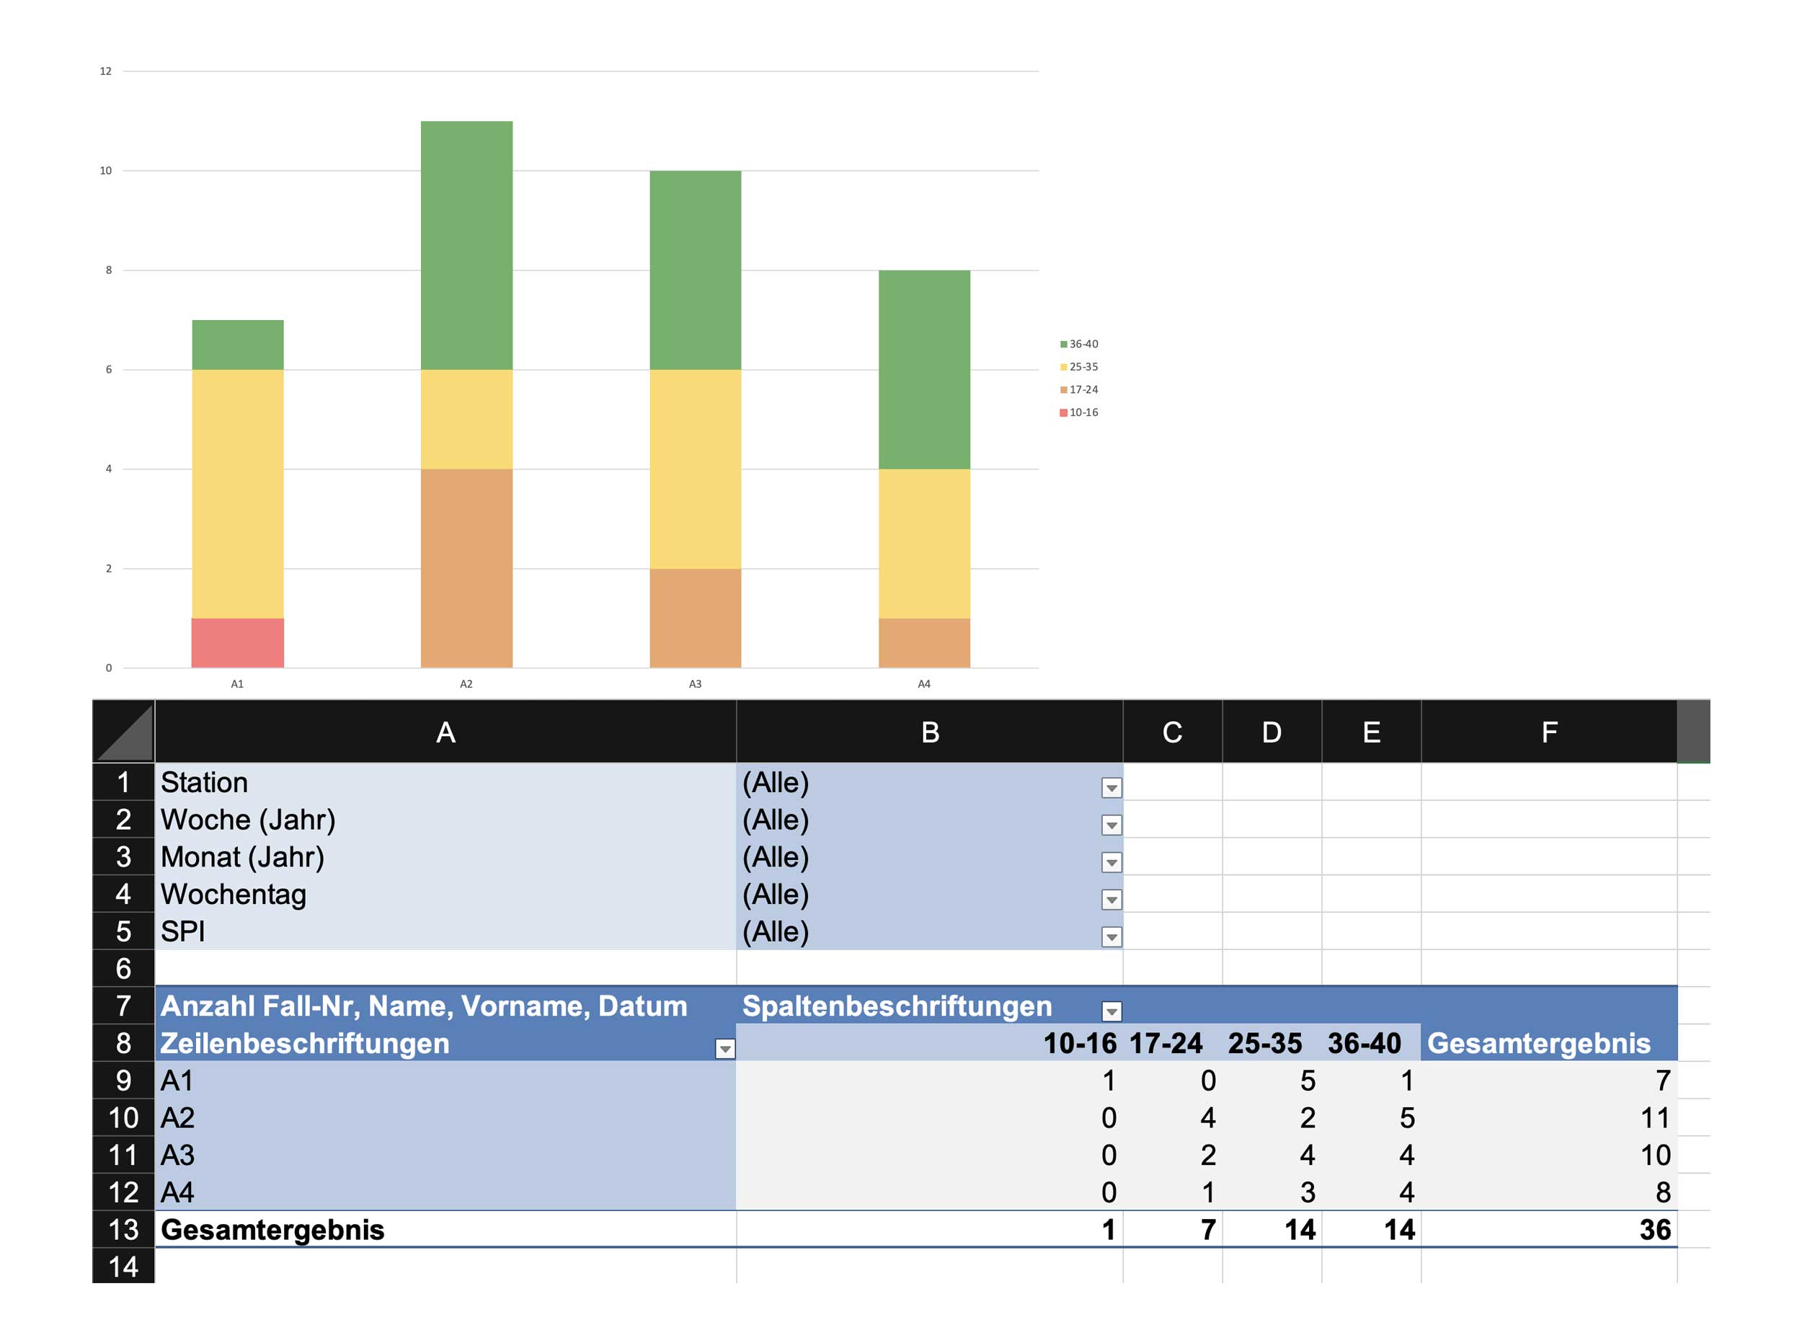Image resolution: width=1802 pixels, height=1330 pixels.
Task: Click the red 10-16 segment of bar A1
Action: (237, 643)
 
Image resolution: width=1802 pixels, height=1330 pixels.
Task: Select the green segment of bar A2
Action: (467, 246)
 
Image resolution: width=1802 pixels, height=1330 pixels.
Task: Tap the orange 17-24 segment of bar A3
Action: (696, 619)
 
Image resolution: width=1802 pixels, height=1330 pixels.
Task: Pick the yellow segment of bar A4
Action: (924, 544)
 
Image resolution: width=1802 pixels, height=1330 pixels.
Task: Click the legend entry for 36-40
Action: (1080, 345)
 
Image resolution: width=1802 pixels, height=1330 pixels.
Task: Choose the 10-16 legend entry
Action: (1080, 413)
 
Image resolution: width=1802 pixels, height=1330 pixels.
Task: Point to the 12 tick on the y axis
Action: (105, 71)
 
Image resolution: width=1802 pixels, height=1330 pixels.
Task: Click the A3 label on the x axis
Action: (696, 684)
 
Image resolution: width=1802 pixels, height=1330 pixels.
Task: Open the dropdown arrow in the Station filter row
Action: (1111, 788)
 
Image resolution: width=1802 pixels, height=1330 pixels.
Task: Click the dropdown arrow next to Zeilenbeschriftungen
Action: (725, 1049)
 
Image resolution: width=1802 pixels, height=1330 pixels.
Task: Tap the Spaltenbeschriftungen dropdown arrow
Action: (1111, 1012)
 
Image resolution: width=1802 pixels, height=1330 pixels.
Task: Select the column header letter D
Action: (1271, 732)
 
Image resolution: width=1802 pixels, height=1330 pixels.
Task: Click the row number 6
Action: (123, 969)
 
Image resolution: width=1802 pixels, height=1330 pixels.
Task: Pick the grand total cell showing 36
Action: (1655, 1231)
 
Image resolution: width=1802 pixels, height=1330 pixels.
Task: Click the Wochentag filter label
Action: (234, 895)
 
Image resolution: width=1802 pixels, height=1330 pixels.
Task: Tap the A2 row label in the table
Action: (178, 1118)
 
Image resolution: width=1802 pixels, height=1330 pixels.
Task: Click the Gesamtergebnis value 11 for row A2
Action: (1655, 1118)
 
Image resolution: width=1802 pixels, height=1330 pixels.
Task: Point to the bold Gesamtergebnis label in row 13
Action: (273, 1231)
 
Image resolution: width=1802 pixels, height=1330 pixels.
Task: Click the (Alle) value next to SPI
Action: (776, 932)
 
